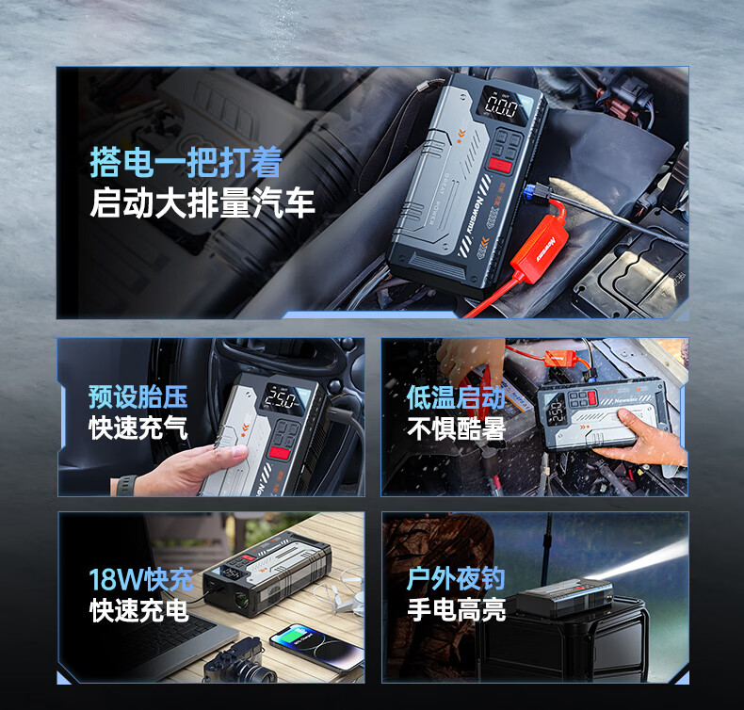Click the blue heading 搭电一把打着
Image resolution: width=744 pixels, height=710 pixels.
pyautogui.click(x=186, y=162)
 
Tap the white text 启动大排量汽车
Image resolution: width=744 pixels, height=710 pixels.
pyautogui.click(x=202, y=202)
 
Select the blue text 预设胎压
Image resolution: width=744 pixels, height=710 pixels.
pyautogui.click(x=138, y=397)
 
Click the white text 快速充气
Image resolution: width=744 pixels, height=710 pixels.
pyautogui.click(x=138, y=428)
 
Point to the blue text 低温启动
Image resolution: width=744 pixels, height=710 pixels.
pyautogui.click(x=457, y=397)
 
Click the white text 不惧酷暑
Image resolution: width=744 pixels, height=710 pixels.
pyautogui.click(x=457, y=428)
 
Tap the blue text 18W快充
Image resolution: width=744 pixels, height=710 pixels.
pyautogui.click(x=141, y=579)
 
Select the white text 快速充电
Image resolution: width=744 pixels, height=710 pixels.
pyautogui.click(x=139, y=610)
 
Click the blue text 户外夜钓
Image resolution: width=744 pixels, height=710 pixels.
pyautogui.click(x=456, y=578)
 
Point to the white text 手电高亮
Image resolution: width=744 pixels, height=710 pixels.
pyautogui.click(x=456, y=609)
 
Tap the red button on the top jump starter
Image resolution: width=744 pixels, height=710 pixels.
pyautogui.click(x=500, y=166)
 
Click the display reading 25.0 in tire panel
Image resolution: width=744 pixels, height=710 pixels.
pyautogui.click(x=283, y=399)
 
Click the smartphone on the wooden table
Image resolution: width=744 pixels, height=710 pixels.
pyautogui.click(x=316, y=647)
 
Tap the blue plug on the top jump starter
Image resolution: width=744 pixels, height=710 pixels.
pyautogui.click(x=531, y=192)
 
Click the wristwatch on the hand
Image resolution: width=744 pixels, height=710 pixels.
pyautogui.click(x=125, y=486)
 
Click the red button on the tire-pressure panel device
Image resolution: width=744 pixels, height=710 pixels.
pyautogui.click(x=280, y=452)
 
